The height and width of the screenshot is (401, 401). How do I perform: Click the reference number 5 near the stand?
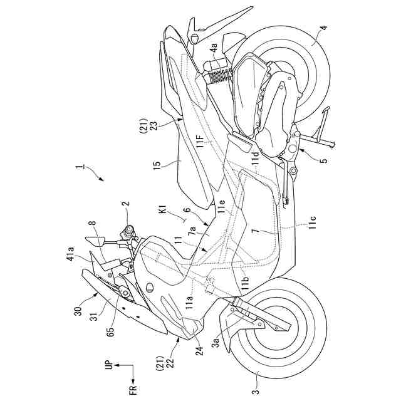click(323, 160)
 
